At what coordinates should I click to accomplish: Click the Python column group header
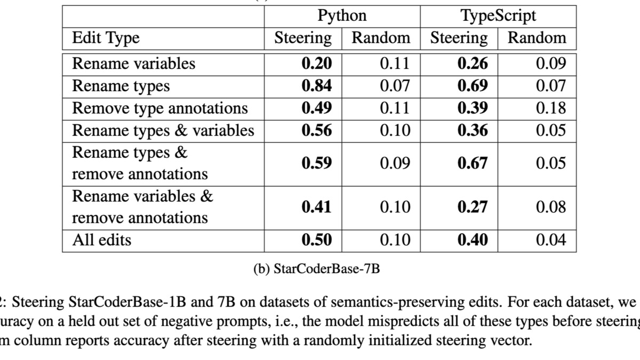[x=342, y=15]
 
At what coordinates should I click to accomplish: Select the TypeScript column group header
[x=498, y=15]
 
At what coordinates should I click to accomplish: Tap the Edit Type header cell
[x=106, y=38]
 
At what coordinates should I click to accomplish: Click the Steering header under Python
[x=302, y=38]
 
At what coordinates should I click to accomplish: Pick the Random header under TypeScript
[x=537, y=38]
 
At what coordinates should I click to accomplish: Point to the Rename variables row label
[x=133, y=63]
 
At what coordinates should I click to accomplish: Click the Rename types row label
[x=121, y=86]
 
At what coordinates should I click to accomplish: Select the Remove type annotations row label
[x=160, y=108]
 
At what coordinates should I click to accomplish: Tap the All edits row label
[x=101, y=240]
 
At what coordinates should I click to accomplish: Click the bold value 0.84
[x=316, y=86]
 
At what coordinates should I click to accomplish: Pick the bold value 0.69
[x=473, y=86]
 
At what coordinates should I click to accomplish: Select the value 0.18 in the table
[x=550, y=108]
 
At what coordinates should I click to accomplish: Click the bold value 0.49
[x=316, y=108]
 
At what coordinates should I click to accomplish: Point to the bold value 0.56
[x=316, y=131]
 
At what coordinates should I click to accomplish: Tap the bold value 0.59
[x=316, y=163]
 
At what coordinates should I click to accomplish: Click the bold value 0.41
[x=316, y=207]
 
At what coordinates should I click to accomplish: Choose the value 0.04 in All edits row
[x=550, y=240]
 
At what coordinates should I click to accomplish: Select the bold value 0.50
[x=316, y=240]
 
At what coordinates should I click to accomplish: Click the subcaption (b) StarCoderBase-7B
[x=316, y=268]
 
